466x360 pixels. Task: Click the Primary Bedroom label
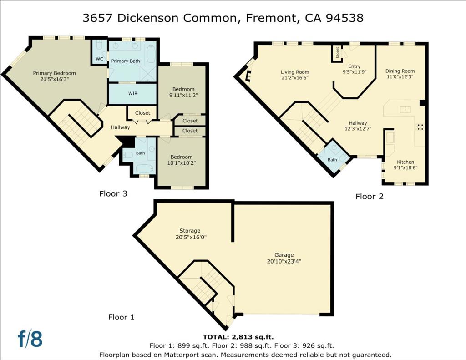pos(55,73)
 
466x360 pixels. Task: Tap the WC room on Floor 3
pos(99,52)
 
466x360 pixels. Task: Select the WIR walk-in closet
pos(132,93)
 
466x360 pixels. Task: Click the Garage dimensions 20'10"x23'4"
pos(284,261)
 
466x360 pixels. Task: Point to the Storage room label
pos(190,231)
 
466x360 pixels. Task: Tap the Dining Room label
pos(400,71)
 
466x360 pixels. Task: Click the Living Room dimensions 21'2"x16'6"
pos(295,77)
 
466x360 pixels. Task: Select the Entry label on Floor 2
pos(354,66)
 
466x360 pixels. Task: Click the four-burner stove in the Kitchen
pos(420,127)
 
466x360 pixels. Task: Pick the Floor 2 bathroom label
pos(332,160)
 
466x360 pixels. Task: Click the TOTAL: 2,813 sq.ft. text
pos(238,337)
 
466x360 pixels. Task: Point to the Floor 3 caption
pos(113,194)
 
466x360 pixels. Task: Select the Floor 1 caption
pos(121,318)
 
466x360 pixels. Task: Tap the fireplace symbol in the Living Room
pos(248,76)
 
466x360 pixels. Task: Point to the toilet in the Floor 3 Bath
pos(128,155)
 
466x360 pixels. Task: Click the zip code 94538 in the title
pos(344,18)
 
